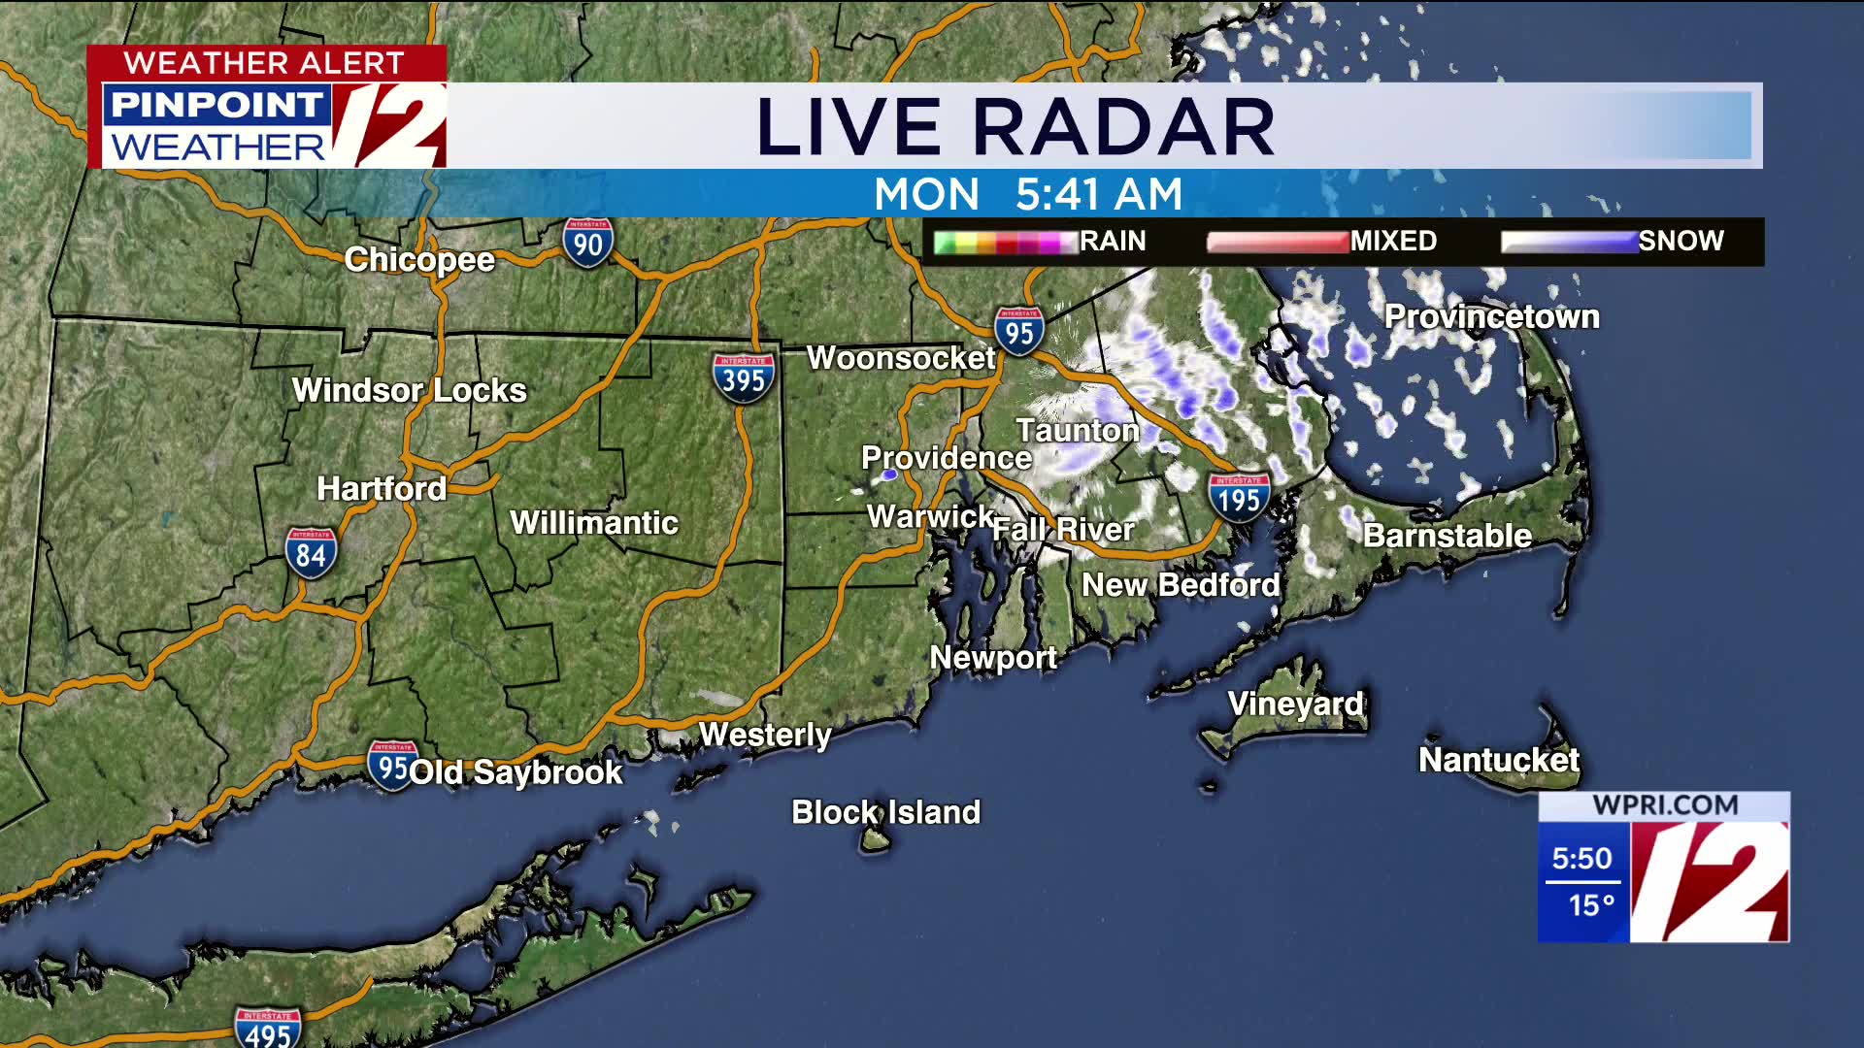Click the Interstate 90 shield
point(587,243)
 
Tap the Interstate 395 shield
point(743,377)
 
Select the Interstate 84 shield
point(311,553)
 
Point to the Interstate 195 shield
point(1239,498)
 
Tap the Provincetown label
point(1491,316)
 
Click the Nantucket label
point(1498,760)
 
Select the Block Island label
point(885,812)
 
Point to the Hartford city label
point(382,488)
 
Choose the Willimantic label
point(594,523)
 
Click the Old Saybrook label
point(516,772)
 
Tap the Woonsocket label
point(901,358)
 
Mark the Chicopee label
point(419,260)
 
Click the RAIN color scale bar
point(1006,242)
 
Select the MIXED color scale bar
point(1278,242)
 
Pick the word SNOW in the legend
point(1681,241)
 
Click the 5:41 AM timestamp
point(1099,194)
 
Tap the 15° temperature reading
point(1590,905)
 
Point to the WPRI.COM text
point(1665,805)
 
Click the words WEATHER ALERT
point(264,63)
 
